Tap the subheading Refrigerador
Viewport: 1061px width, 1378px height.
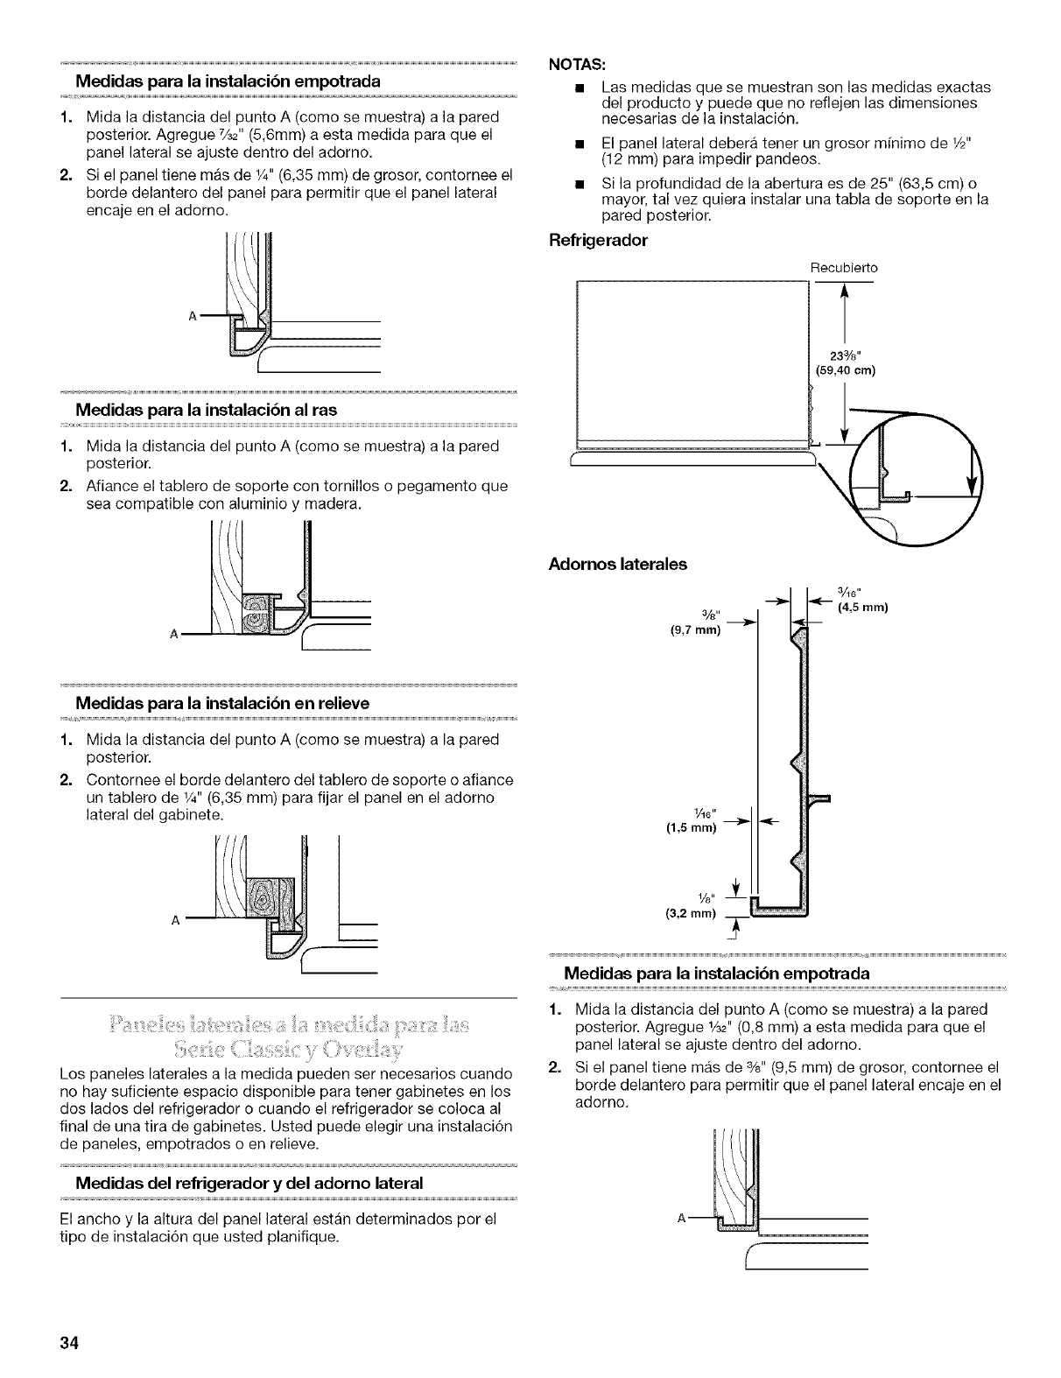(597, 240)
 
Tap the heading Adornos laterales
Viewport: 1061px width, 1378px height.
(617, 564)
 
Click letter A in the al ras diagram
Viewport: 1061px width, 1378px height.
(177, 634)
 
